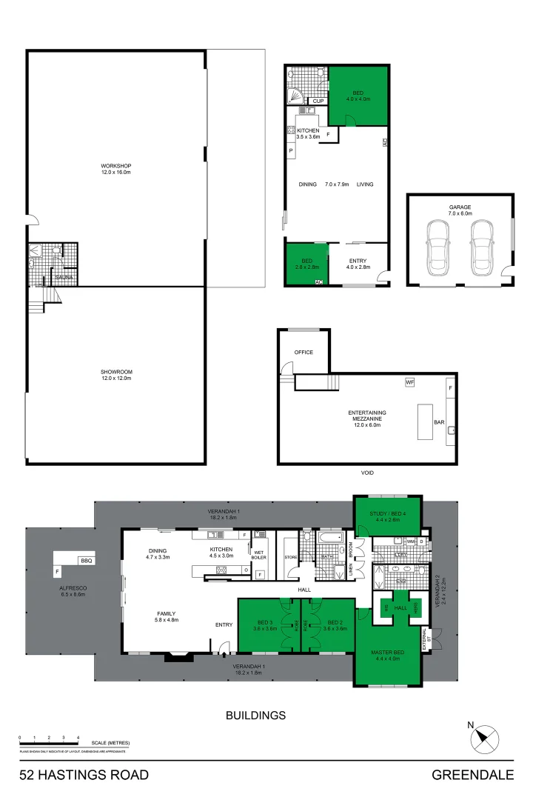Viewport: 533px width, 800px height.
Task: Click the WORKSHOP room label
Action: pyautogui.click(x=115, y=165)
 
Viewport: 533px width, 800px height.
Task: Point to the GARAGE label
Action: pyautogui.click(x=460, y=207)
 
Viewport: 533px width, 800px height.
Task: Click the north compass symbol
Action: pyautogui.click(x=486, y=738)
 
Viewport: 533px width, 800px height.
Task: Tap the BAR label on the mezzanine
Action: pyautogui.click(x=439, y=423)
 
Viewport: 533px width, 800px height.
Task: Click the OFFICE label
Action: pyautogui.click(x=304, y=352)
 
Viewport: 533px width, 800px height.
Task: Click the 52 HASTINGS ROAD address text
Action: pyautogui.click(x=84, y=776)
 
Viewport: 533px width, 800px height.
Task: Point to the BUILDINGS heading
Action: pyautogui.click(x=255, y=716)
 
